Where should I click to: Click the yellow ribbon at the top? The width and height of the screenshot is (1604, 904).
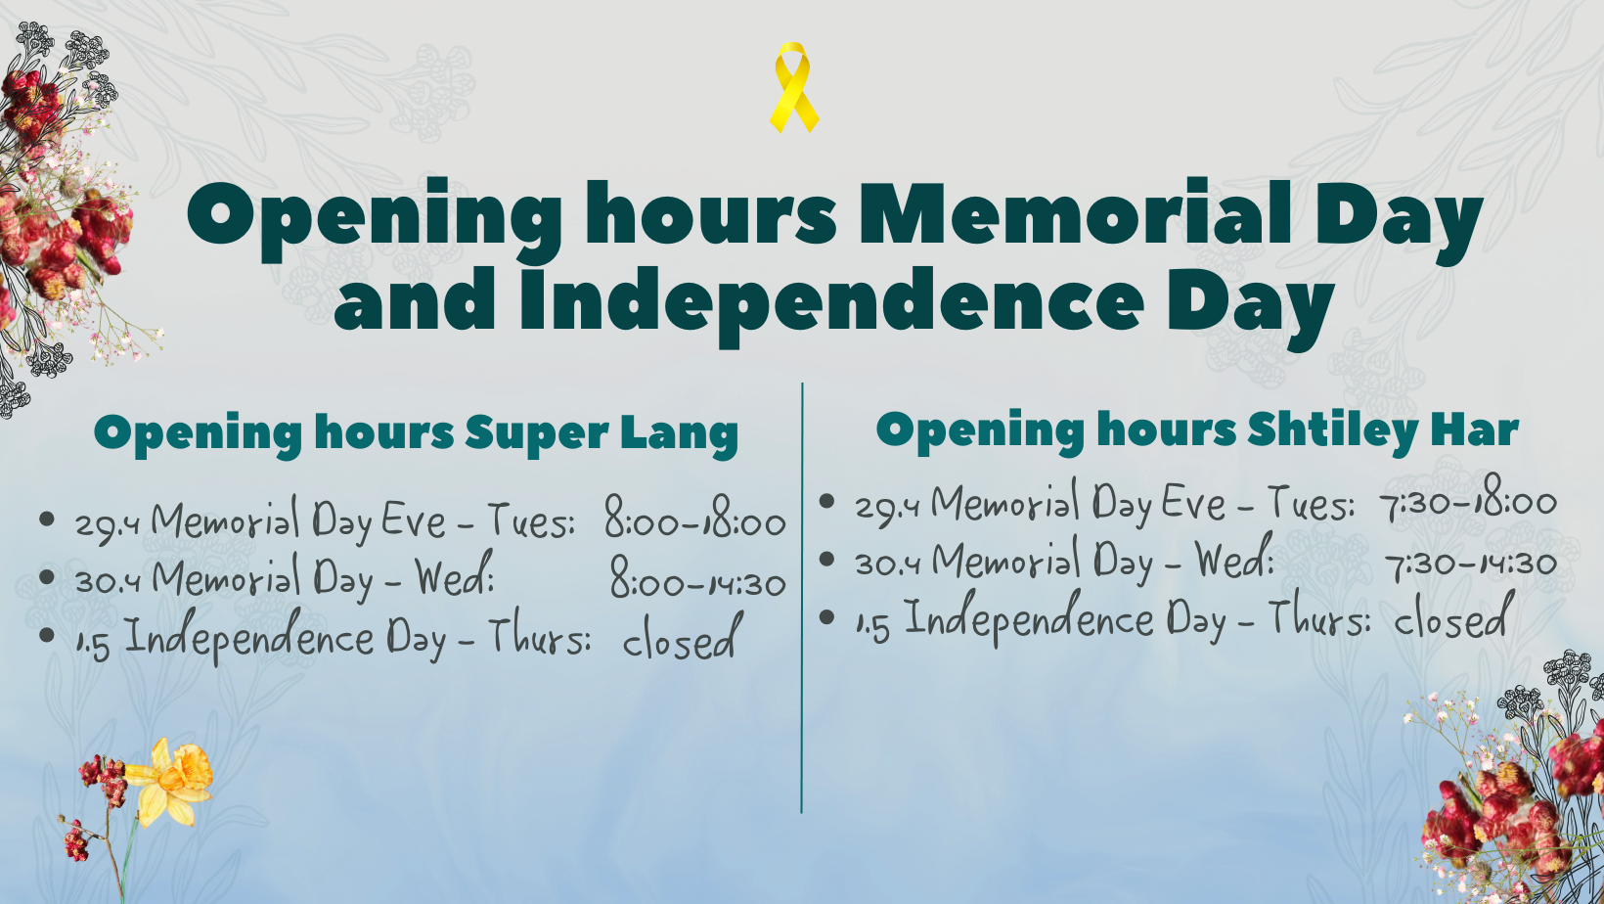[x=793, y=87]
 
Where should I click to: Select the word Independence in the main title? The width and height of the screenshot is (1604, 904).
[x=831, y=301]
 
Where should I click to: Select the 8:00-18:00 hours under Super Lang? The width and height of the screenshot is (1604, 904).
[x=694, y=518]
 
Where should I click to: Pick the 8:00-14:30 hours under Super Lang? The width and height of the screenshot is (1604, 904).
[x=697, y=577]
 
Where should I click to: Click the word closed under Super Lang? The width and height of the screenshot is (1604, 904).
[x=682, y=636]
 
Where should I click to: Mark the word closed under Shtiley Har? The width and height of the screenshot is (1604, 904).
[x=1453, y=616]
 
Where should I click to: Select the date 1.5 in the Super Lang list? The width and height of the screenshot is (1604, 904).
[x=93, y=645]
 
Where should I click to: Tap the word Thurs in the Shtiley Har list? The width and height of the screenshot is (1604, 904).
[x=1318, y=616]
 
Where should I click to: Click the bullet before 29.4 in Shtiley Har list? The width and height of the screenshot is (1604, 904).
[x=826, y=501]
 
